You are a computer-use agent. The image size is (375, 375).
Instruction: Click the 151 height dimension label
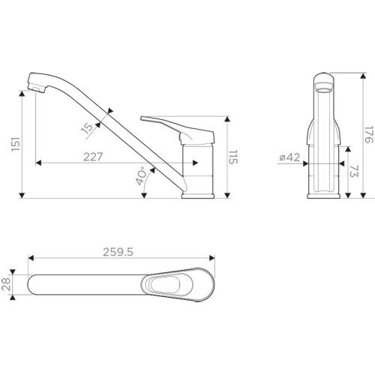16,144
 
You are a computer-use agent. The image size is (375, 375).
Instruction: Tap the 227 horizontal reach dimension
93,157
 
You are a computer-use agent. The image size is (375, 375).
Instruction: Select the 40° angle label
141,176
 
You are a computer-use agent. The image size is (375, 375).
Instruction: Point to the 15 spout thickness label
88,129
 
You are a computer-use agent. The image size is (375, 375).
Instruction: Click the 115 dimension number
232,157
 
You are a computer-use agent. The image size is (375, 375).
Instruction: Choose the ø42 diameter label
289,157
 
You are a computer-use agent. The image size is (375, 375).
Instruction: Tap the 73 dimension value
354,171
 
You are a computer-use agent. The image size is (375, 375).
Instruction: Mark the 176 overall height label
369,135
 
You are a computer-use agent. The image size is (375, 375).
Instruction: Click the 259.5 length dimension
118,252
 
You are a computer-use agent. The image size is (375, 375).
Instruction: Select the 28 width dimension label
6,284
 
